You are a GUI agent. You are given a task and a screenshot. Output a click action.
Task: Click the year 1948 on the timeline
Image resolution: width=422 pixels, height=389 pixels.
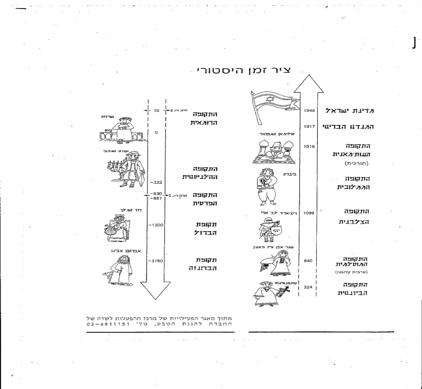pyautogui.click(x=309, y=111)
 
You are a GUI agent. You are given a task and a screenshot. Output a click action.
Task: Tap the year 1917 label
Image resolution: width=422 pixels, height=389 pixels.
pyautogui.click(x=309, y=127)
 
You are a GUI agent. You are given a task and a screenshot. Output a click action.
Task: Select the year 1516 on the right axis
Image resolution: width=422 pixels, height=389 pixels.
pyautogui.click(x=309, y=147)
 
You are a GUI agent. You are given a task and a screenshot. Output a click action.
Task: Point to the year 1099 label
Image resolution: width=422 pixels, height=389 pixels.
pyautogui.click(x=309, y=213)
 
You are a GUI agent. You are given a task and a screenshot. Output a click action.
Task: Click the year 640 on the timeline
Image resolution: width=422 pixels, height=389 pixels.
pyautogui.click(x=308, y=261)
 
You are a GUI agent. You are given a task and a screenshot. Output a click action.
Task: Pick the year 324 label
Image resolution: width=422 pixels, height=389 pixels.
pyautogui.click(x=308, y=287)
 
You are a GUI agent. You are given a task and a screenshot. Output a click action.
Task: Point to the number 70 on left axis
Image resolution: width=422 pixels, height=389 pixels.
pyautogui.click(x=156, y=111)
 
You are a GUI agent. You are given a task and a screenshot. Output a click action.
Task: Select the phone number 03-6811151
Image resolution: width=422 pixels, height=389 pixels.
pyautogui.click(x=108, y=324)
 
